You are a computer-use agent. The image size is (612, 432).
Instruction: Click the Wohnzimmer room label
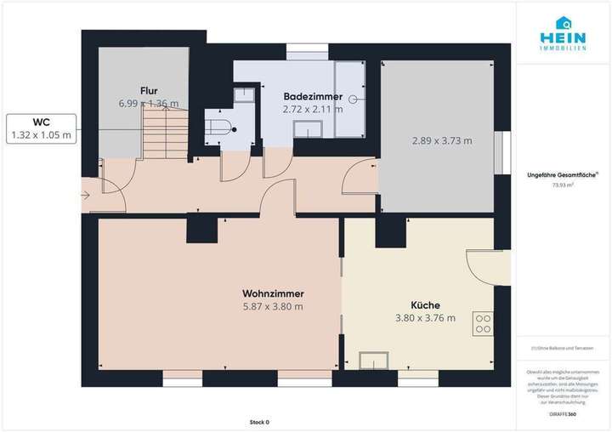(x=272, y=294)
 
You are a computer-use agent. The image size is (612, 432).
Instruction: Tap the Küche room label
(x=425, y=305)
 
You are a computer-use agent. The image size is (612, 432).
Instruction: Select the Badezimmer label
(x=313, y=96)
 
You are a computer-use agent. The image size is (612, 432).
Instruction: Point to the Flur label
(x=149, y=90)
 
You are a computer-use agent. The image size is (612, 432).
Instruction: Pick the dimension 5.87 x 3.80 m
(x=272, y=307)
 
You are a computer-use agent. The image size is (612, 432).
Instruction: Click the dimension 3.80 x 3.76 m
(x=425, y=318)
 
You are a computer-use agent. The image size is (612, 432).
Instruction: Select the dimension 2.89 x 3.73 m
(x=442, y=140)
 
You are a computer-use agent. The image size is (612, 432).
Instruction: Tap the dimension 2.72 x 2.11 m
(x=313, y=109)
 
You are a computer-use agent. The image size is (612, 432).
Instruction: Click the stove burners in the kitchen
(x=483, y=324)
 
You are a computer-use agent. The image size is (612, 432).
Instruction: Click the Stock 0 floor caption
(x=259, y=422)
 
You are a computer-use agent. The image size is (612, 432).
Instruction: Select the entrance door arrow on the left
(x=88, y=196)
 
